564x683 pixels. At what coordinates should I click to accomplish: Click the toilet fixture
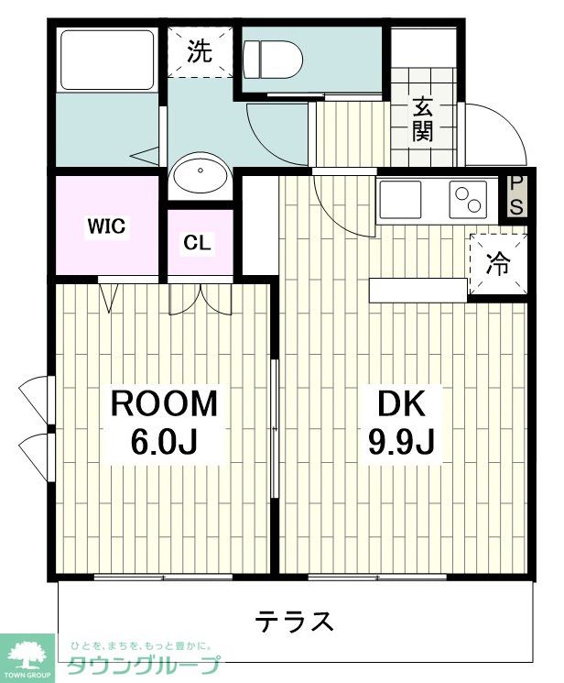click(x=273, y=60)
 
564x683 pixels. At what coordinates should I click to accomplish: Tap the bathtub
click(x=106, y=60)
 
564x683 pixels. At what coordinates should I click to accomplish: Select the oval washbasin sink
click(x=201, y=174)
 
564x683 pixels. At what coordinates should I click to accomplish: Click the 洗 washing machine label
click(x=200, y=51)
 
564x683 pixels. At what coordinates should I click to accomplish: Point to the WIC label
click(x=106, y=226)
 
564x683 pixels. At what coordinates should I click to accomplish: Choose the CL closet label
click(x=197, y=243)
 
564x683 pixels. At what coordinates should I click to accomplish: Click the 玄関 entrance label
click(x=423, y=120)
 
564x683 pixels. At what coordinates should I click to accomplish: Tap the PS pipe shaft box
click(x=516, y=195)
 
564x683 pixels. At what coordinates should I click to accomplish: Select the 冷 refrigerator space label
click(x=498, y=263)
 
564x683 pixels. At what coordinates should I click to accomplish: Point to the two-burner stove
click(x=468, y=200)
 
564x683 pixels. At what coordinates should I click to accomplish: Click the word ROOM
click(x=164, y=403)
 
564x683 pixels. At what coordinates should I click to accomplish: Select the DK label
click(x=401, y=403)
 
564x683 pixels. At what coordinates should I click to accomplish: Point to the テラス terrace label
click(x=295, y=621)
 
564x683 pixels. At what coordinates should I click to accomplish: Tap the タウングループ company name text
click(x=144, y=665)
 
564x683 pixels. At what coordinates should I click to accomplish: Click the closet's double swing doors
click(x=201, y=299)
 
